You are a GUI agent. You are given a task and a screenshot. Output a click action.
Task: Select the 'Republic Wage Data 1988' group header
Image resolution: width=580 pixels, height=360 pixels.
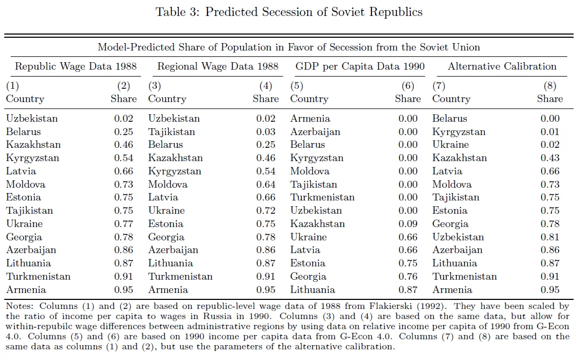(x=76, y=66)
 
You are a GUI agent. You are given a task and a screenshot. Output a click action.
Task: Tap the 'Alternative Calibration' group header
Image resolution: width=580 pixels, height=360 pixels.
(x=502, y=66)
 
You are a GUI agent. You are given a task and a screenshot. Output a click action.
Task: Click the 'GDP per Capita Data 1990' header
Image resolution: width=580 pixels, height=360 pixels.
(x=360, y=66)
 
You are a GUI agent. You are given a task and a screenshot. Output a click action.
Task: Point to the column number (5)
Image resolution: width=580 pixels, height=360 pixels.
(x=296, y=86)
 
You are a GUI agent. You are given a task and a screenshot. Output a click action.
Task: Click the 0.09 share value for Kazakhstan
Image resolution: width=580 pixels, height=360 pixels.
(x=408, y=224)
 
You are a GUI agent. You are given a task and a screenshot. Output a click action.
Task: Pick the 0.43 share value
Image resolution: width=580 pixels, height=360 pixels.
(x=550, y=158)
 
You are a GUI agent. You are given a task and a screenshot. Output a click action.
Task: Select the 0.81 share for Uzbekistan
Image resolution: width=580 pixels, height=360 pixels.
(x=550, y=237)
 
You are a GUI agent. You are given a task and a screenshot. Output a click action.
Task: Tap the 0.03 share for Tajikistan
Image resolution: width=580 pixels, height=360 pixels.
(x=266, y=132)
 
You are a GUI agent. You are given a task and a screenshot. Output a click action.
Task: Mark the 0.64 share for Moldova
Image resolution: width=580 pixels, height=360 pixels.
(x=266, y=185)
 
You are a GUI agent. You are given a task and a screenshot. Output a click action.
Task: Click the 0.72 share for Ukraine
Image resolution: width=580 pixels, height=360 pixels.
(x=266, y=211)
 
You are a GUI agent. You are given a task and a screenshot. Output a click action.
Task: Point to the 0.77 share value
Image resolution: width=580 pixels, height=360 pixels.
(x=124, y=224)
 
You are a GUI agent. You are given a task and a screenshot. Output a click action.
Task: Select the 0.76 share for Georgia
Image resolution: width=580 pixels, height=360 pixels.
(x=408, y=277)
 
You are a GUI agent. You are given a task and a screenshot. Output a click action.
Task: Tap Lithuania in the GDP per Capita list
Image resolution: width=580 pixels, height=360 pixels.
(x=312, y=290)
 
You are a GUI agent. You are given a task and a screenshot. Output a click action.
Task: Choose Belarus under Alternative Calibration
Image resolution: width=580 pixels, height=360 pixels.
(x=450, y=119)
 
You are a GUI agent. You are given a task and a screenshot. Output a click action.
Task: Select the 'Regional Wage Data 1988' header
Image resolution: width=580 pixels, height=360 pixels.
(x=218, y=66)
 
